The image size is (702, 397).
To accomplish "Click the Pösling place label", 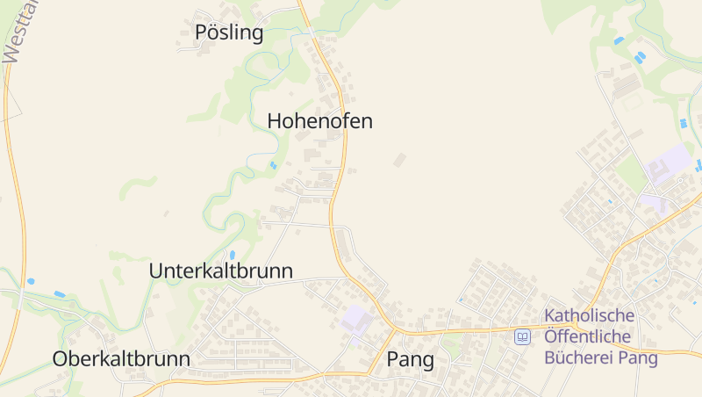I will click(x=229, y=33).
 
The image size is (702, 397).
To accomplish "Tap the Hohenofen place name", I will click(x=319, y=121).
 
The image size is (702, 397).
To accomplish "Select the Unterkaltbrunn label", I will click(x=221, y=271).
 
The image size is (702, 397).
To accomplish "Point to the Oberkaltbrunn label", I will click(x=121, y=358).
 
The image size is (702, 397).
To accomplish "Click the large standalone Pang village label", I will click(x=411, y=359).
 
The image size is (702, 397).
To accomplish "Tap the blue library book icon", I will click(x=523, y=336).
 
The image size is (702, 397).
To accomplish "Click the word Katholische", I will click(x=589, y=315).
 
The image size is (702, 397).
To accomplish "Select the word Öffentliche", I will click(x=589, y=336).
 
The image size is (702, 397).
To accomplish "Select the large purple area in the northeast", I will click(x=669, y=164).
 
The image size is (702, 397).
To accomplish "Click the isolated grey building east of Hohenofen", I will click(x=400, y=160).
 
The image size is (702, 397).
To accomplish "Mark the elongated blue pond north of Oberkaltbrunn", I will click(x=60, y=293).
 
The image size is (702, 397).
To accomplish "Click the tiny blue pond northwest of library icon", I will click(x=460, y=300).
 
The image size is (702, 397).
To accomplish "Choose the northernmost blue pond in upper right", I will click(x=620, y=40).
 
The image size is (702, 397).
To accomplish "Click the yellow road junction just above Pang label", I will click(x=390, y=331).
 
